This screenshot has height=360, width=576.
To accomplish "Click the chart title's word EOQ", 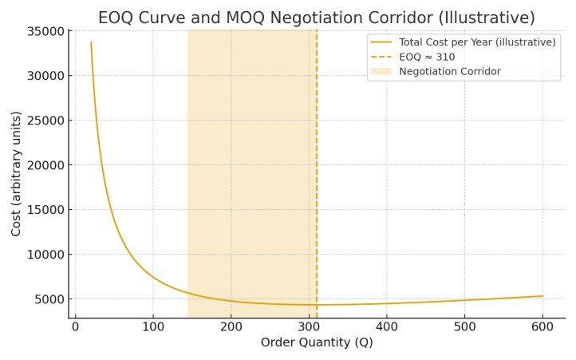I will (x=116, y=18).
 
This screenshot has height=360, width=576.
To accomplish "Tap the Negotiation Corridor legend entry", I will (x=450, y=72).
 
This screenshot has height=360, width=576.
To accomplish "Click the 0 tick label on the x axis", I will (x=75, y=326).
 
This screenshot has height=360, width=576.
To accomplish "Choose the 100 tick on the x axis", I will (x=153, y=326).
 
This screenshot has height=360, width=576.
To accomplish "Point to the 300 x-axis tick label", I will (x=309, y=326).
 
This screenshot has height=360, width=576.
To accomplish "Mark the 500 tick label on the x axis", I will (x=464, y=326).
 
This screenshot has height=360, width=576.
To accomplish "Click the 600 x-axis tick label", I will (x=542, y=326).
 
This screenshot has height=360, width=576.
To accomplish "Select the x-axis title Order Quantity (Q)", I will (x=317, y=343).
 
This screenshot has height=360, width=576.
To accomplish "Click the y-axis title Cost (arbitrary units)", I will (x=16, y=174).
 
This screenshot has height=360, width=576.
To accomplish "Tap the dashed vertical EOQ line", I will (x=317, y=176).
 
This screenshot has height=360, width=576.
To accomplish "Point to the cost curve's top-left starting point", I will (x=91, y=43).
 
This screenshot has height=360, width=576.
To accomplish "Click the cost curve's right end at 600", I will (x=542, y=296).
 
